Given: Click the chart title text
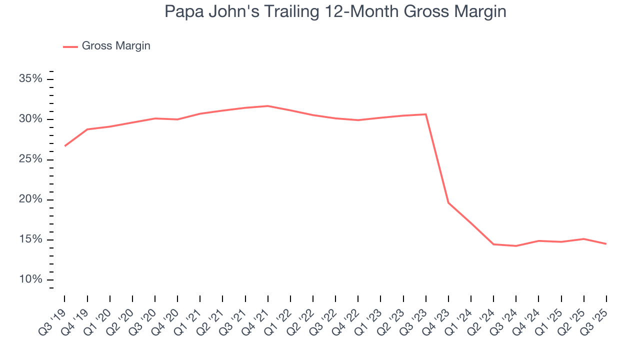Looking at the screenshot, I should tap(335, 12).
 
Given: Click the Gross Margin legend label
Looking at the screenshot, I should tap(116, 46).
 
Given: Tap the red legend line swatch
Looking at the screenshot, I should tap(70, 46).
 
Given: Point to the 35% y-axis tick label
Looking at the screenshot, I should tap(30, 79).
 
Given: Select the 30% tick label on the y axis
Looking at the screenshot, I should tap(30, 119).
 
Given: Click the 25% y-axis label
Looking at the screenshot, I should tap(30, 159).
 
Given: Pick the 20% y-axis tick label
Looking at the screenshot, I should tap(30, 199).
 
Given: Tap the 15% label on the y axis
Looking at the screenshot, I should tap(30, 239).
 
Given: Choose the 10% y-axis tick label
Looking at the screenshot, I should tap(30, 279).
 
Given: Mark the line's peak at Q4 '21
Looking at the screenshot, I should tap(268, 106).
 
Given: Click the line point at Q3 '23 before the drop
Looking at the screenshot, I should tap(426, 114).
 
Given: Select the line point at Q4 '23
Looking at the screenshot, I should tap(448, 202).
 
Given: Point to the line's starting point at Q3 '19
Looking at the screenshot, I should tap(65, 146).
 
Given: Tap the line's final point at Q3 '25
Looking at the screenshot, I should tap(606, 244).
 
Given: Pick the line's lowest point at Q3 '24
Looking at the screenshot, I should tap(516, 246).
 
